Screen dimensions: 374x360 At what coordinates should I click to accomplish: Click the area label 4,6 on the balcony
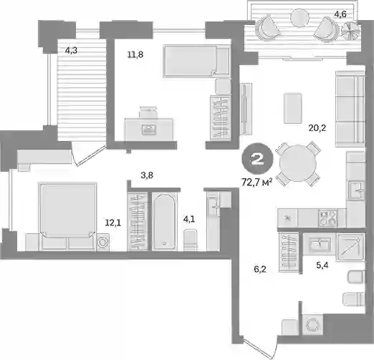pos(340,14)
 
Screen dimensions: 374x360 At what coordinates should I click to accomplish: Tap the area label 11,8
pos(135,54)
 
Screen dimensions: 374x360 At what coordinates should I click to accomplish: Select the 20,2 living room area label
pos(317,128)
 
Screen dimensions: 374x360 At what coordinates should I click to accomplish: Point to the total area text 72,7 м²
pos(257,183)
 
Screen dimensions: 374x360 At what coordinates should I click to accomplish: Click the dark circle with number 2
pos(257,159)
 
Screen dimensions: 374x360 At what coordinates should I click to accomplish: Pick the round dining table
pos(298,163)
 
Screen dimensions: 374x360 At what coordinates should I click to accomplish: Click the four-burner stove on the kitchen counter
pos(328,218)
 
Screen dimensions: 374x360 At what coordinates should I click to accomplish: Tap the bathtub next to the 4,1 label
pos(165,222)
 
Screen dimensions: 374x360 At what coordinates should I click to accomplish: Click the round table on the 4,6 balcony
pos(299,17)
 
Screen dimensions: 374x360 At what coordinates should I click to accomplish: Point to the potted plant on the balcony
pos(350,31)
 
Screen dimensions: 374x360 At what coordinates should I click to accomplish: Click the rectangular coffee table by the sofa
pos(293,108)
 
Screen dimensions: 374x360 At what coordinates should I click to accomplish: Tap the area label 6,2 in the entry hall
pos(260,269)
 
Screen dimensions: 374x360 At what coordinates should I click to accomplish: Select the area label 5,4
pos(322,265)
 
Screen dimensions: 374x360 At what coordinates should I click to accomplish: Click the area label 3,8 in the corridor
pos(147,175)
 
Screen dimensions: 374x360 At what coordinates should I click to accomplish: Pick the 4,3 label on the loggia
pos(71,51)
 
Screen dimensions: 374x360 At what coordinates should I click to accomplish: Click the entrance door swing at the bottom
pos(259,349)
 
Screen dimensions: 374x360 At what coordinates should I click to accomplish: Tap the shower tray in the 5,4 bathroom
pos(350,247)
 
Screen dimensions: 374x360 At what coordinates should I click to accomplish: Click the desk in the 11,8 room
pos(149,129)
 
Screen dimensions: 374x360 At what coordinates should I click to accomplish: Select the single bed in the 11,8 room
pos(196,62)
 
